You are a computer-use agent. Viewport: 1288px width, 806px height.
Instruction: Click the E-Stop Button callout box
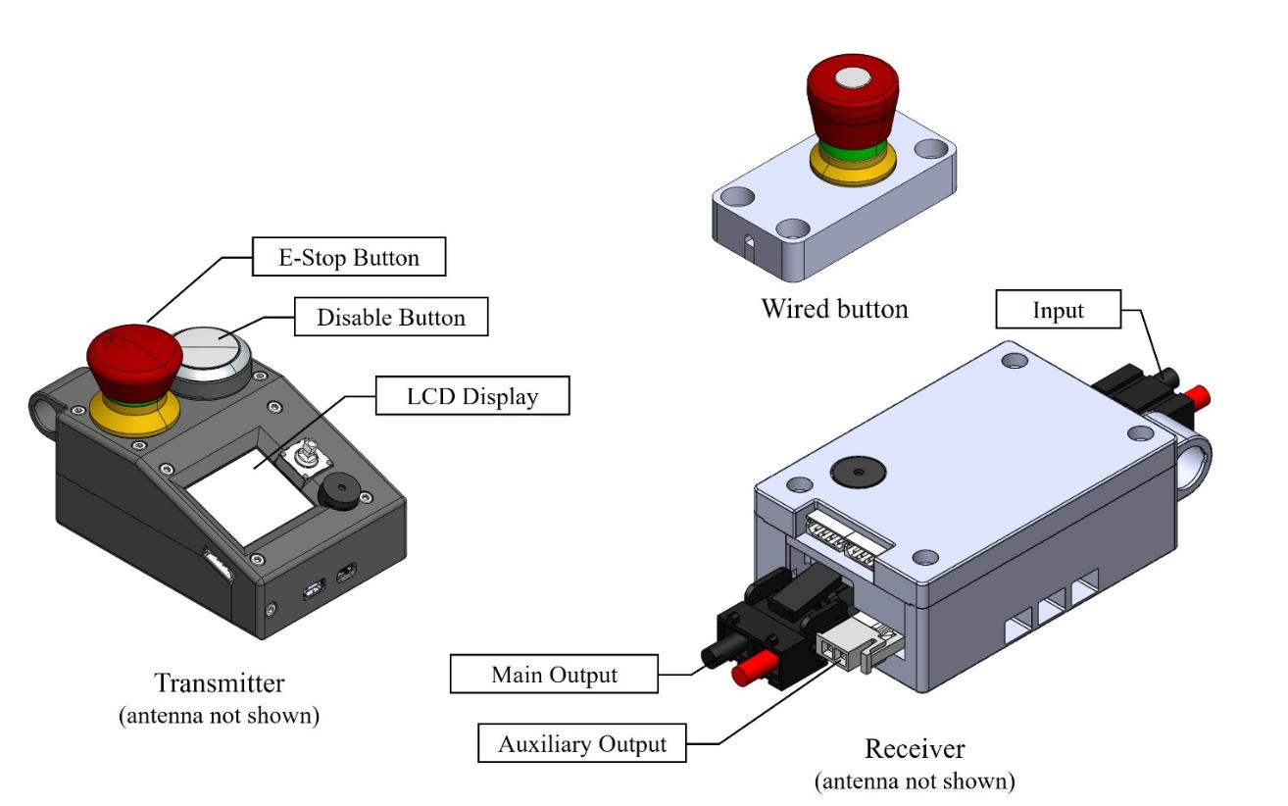pos(349,259)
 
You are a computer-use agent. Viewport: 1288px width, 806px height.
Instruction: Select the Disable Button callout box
pos(391,318)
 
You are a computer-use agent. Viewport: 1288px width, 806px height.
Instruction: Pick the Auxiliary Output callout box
pos(582,743)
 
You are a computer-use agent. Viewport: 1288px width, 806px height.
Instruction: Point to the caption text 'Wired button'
pos(834,310)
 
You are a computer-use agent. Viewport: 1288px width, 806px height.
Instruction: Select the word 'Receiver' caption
pos(915,750)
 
